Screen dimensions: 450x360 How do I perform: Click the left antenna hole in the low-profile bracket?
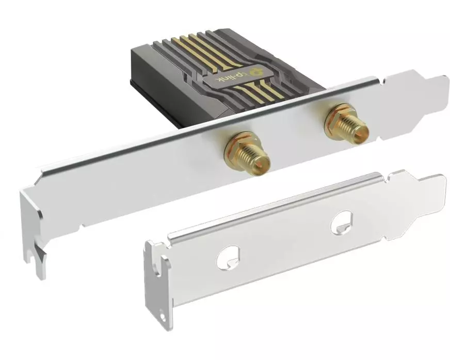coord(229,257)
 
